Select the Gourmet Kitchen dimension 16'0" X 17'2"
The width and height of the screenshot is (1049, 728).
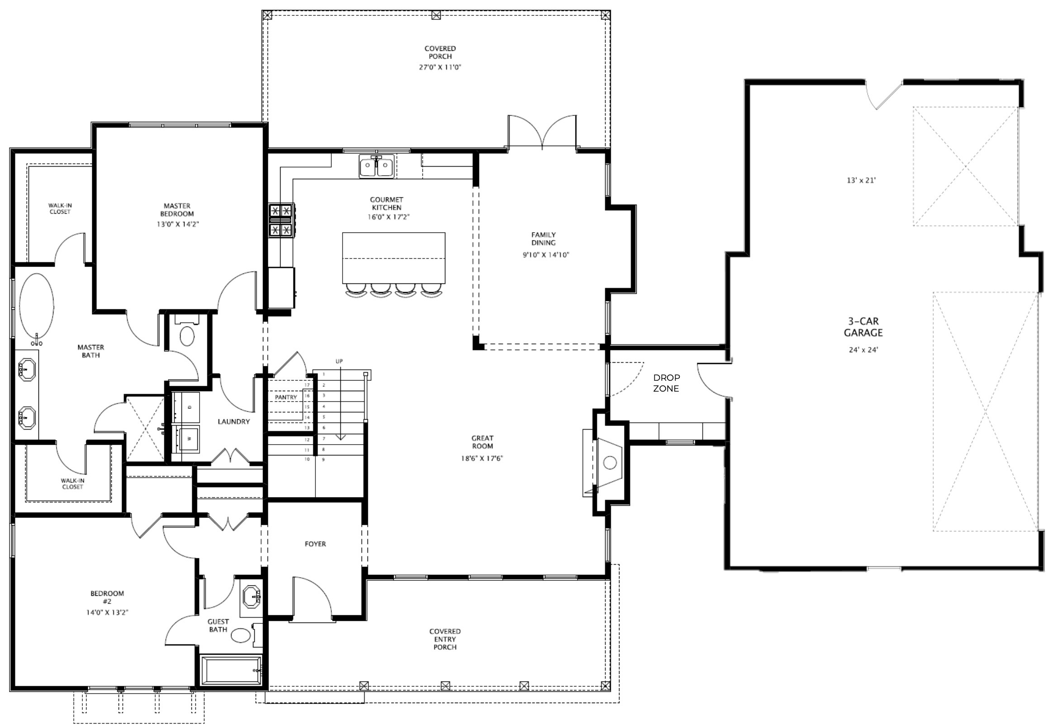pos(388,217)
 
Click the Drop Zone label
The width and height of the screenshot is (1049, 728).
pos(666,383)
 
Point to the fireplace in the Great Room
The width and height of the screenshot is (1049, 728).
pos(609,463)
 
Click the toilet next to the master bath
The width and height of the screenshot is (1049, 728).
pos(187,336)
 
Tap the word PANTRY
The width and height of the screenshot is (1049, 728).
pos(286,398)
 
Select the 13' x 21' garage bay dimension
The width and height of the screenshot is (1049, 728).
pos(861,180)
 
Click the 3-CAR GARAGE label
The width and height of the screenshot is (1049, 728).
pos(863,327)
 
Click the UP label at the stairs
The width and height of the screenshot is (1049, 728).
pos(339,361)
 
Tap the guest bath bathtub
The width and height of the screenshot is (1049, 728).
pos(231,670)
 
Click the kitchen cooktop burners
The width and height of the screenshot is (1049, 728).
pos(281,220)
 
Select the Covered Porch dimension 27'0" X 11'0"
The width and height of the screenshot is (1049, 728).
pos(440,67)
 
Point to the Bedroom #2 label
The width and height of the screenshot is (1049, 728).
pos(107,597)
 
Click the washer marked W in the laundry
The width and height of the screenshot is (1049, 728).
pos(189,439)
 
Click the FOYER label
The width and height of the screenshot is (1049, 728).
pos(315,544)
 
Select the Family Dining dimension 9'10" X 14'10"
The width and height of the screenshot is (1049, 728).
pos(546,255)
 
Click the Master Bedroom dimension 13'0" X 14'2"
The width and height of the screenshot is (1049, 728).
pos(177,224)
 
